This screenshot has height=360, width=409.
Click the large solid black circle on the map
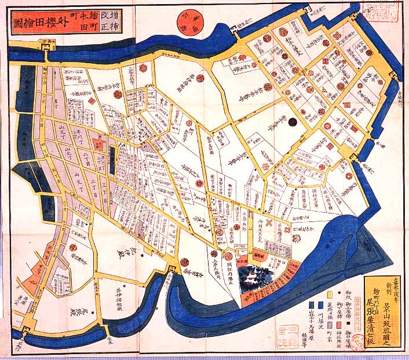[293, 122]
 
